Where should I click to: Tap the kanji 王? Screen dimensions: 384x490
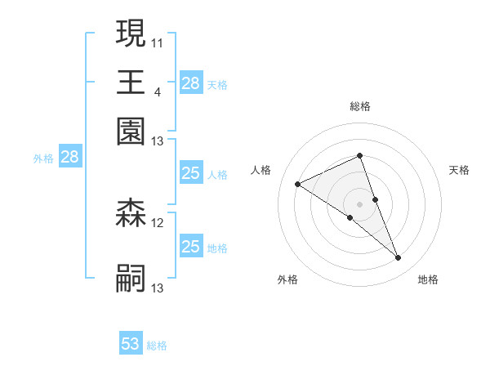131,82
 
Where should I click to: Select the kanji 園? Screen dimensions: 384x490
131,131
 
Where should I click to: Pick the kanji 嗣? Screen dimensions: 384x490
131,278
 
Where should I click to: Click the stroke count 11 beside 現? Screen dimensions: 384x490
158,42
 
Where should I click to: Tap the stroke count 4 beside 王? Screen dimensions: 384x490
157,91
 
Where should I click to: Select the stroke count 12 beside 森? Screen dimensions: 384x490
158,222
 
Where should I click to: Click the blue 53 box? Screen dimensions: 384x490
131,344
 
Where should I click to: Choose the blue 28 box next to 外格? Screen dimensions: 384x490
69,158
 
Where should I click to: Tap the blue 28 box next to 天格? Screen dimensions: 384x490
190,83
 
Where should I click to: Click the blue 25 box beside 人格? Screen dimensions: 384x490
190,173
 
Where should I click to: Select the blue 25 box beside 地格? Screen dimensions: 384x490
190,247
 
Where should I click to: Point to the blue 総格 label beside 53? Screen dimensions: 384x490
157,346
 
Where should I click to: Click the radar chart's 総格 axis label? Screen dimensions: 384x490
359,106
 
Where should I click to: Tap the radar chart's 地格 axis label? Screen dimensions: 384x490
428,279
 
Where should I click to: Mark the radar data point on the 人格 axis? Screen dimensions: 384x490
297,185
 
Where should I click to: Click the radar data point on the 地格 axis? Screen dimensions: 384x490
399,258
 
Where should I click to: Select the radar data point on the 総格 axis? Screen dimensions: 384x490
359,155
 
